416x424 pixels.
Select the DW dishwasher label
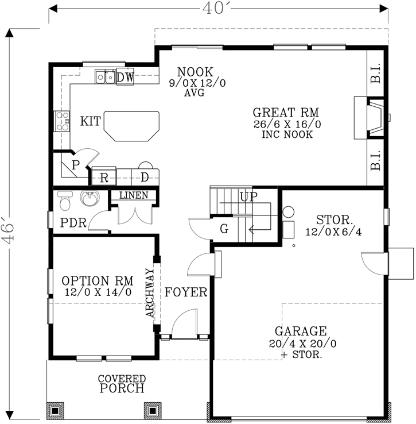point(125,77)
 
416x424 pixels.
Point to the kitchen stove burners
point(61,122)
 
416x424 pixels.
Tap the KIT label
point(91,121)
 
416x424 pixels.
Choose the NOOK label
point(195,72)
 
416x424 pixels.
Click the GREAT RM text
point(286,112)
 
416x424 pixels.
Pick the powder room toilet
point(65,202)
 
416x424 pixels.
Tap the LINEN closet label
point(134,195)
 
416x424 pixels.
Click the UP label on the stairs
point(248,197)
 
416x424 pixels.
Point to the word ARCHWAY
point(150,293)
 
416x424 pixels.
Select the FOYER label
point(186,292)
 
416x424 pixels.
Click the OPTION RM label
point(97,281)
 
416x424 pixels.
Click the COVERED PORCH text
point(121,384)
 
